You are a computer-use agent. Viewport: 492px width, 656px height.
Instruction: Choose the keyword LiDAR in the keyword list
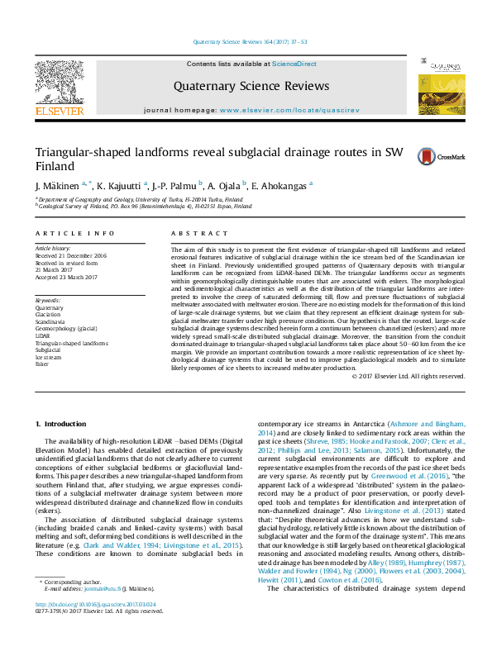(42, 336)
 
